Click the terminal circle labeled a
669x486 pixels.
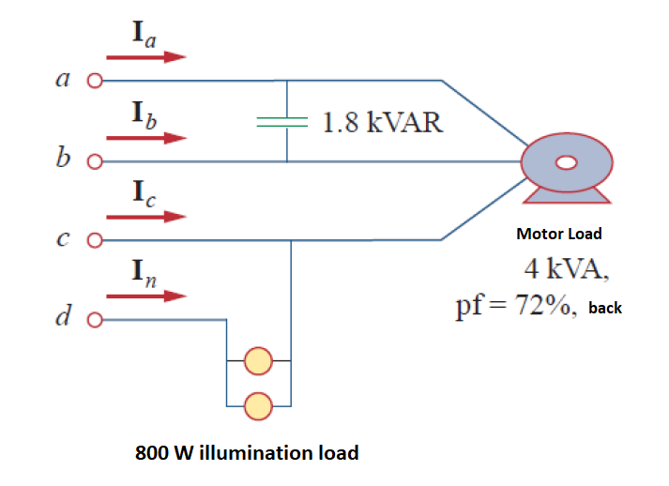[94, 81]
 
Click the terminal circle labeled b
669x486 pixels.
[94, 161]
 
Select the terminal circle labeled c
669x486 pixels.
[94, 240]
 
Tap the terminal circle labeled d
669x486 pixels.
[94, 320]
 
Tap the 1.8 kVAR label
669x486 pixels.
[382, 122]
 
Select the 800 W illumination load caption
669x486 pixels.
[247, 453]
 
